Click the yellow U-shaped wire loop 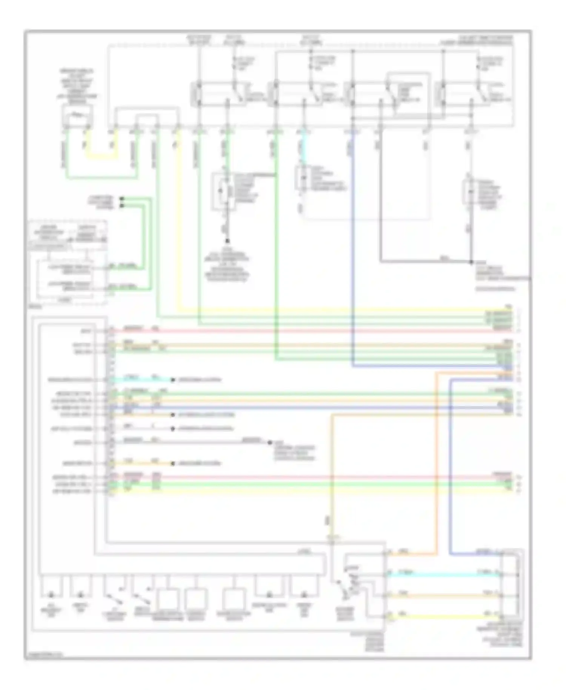tap(100, 156)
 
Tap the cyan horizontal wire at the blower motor tap(441, 575)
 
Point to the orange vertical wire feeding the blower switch tap(332, 472)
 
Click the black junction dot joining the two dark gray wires tap(471, 262)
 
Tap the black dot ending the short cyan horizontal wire tap(173, 380)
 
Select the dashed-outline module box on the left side tap(68, 260)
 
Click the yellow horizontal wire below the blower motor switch tap(441, 616)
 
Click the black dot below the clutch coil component tap(228, 241)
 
